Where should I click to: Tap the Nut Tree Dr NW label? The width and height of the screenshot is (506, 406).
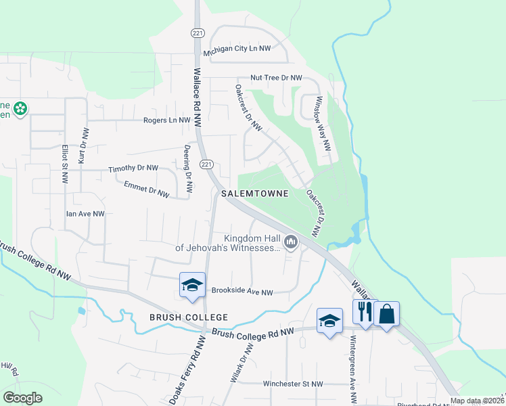276,78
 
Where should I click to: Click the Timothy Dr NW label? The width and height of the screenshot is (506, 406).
133,168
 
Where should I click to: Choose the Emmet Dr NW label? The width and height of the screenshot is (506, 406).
145,188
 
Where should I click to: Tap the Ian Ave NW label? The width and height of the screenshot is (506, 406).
85,214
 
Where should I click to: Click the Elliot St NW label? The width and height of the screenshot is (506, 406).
65,164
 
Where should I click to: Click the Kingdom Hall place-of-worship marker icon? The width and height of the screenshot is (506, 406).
291,242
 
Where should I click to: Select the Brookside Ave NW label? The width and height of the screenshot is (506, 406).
242,292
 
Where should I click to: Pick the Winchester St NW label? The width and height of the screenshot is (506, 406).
293,384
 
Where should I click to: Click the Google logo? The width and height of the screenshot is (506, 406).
23,398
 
